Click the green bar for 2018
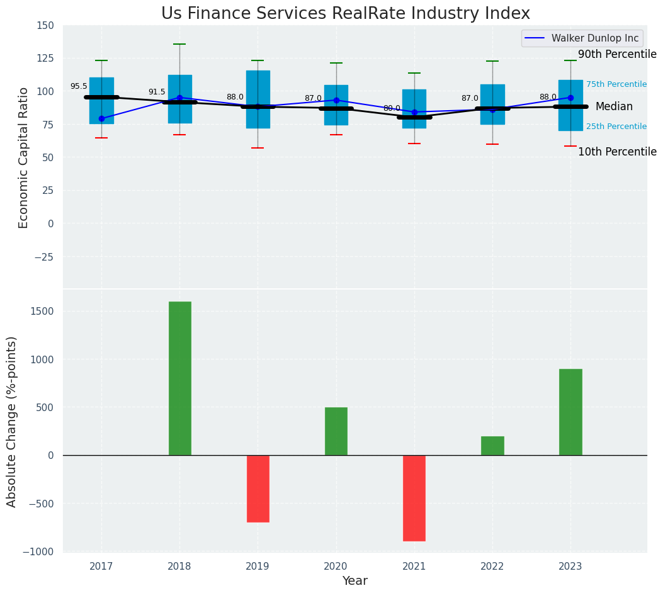click(x=179, y=378)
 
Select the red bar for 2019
click(x=258, y=489)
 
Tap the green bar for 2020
click(x=336, y=431)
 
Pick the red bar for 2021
click(x=414, y=498)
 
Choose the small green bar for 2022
click(x=492, y=446)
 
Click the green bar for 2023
click(x=570, y=412)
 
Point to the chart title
click(x=346, y=14)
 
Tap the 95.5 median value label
click(x=79, y=87)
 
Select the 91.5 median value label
click(x=157, y=92)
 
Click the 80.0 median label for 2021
click(x=392, y=108)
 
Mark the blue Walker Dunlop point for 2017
click(x=101, y=118)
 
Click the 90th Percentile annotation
click(x=617, y=55)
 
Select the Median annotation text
click(x=615, y=107)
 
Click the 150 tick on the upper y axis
click(x=45, y=26)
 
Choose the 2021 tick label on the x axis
click(x=414, y=567)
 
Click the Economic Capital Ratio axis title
click(x=24, y=157)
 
